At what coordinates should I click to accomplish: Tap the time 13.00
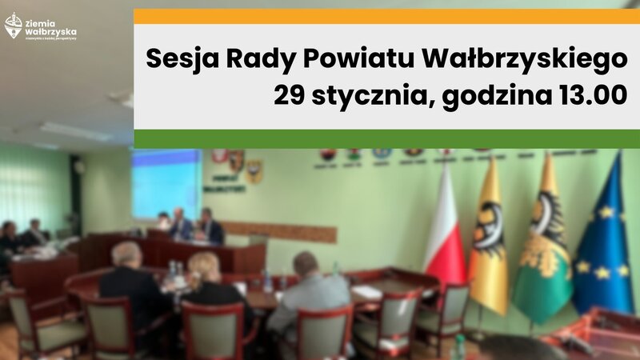click(x=590, y=96)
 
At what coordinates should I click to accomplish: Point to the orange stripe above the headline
click(x=386, y=16)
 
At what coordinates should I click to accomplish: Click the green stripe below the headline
click(x=386, y=138)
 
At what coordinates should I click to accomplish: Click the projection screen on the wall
click(x=166, y=180)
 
